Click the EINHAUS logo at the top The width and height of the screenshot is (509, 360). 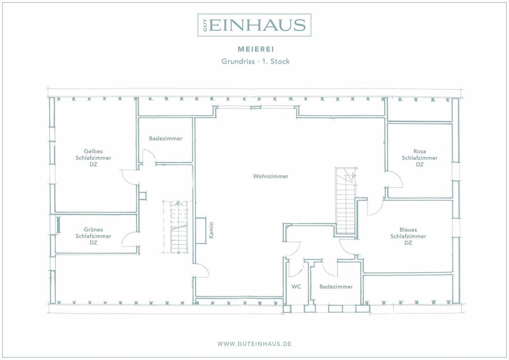click(x=254, y=25)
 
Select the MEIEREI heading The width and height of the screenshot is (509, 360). click(x=256, y=49)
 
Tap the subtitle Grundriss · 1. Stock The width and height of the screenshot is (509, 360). click(x=256, y=61)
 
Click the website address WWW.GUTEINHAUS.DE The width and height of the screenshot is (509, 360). click(x=255, y=344)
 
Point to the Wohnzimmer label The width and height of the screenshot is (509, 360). click(x=271, y=176)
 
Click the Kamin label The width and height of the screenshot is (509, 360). click(x=211, y=230)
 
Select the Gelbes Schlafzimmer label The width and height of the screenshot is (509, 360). click(x=93, y=158)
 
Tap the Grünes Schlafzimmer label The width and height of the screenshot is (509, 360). click(x=93, y=236)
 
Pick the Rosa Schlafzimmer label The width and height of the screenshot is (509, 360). click(x=420, y=158)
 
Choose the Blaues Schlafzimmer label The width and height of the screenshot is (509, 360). click(x=408, y=236)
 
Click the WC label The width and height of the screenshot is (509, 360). click(x=296, y=287)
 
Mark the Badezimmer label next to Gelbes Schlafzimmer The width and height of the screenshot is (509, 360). click(x=166, y=138)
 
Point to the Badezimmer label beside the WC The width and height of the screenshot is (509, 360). click(x=336, y=287)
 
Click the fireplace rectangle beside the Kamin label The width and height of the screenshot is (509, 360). click(x=201, y=231)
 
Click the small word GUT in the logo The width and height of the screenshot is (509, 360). click(x=205, y=25)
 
